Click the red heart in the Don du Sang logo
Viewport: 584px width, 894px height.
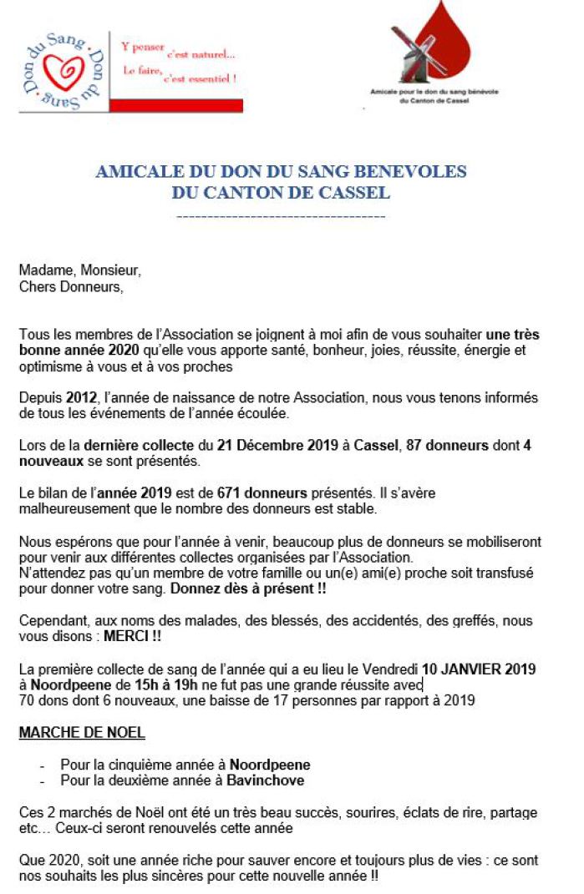[x=64, y=71]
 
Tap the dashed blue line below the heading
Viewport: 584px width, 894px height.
[x=282, y=217]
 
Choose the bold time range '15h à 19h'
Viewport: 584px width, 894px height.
[x=168, y=684]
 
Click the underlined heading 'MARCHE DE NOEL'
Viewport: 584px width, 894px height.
[x=82, y=733]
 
